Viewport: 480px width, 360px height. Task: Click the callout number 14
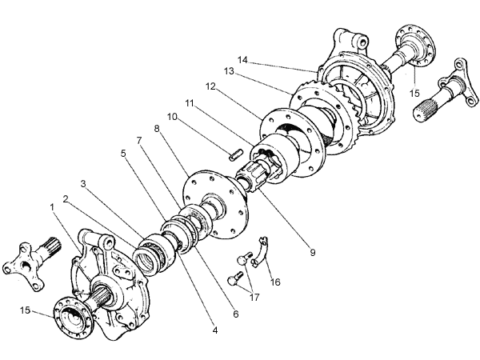(242, 60)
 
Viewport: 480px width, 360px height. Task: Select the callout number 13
(229, 71)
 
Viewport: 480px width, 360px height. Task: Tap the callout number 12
(210, 86)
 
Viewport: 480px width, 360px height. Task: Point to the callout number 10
(172, 117)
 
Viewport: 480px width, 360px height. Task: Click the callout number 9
(313, 253)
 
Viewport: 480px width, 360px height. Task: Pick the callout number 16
(275, 282)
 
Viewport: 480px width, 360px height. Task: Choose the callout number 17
(254, 298)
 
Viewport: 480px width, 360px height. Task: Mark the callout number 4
(215, 330)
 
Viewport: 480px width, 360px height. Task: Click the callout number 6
(236, 314)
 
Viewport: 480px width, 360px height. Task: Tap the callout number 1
(52, 207)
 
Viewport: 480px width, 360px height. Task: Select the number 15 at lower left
(26, 310)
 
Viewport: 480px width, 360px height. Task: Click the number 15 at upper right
(414, 94)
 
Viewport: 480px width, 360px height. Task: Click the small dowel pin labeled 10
(236, 154)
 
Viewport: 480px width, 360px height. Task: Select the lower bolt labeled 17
(235, 278)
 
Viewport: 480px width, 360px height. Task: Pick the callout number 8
(157, 129)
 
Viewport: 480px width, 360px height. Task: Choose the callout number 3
(83, 184)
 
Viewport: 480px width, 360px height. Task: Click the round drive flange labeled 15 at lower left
(73, 318)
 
